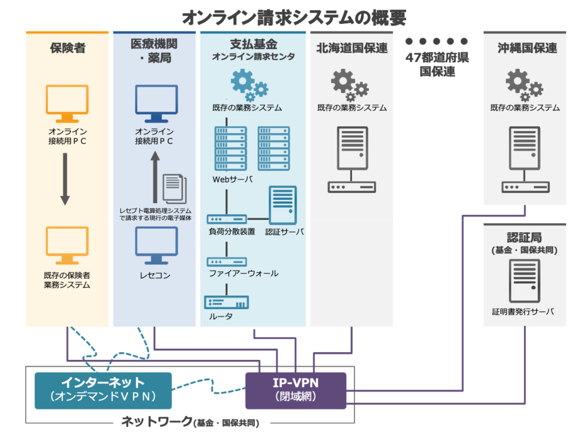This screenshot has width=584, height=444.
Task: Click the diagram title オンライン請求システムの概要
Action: [294, 17]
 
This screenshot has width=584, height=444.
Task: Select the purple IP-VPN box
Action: [295, 390]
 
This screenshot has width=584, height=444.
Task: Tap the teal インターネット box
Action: [103, 390]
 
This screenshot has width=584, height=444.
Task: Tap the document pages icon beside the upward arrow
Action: [174, 187]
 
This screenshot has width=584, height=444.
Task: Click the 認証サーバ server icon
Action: [283, 205]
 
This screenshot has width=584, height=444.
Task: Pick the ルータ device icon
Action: [226, 303]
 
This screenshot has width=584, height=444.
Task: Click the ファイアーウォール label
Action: [243, 274]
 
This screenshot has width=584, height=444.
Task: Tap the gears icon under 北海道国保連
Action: [350, 84]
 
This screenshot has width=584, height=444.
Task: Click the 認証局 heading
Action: [524, 237]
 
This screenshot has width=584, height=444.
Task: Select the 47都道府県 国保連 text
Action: [437, 64]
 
